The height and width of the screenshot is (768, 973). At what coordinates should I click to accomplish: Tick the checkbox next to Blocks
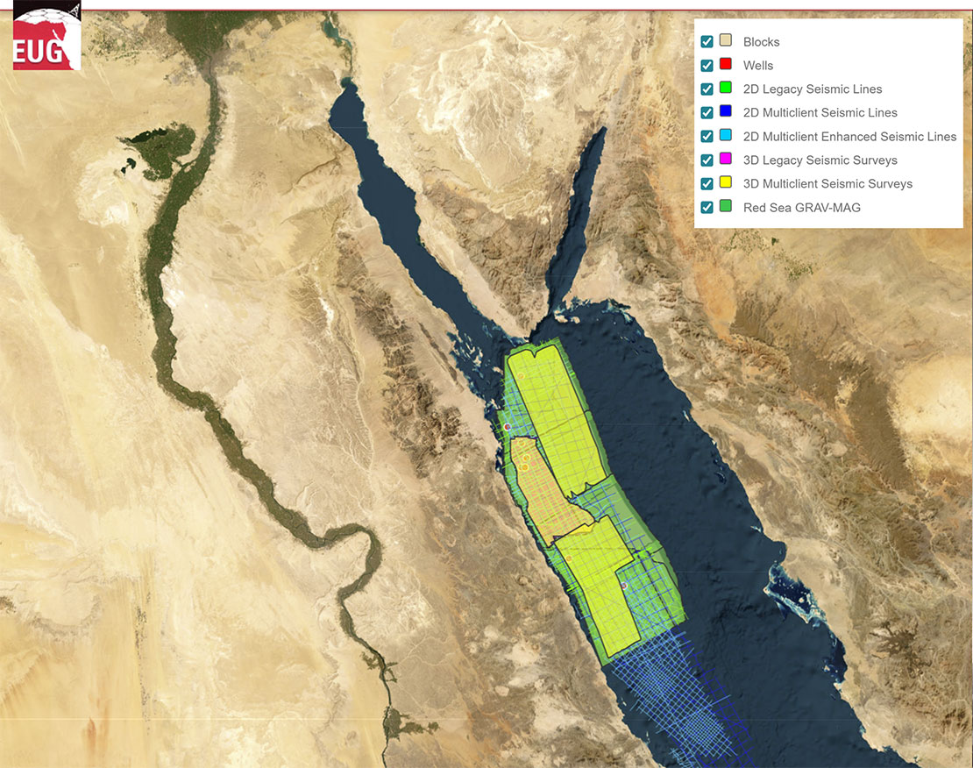click(x=707, y=42)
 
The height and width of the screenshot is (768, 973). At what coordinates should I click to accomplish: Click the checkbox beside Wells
click(x=707, y=66)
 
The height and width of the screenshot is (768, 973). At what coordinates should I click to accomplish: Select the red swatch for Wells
click(x=726, y=66)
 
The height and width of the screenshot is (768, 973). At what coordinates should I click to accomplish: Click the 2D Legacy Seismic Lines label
click(x=813, y=89)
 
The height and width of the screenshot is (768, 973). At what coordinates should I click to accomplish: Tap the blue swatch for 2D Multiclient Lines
click(x=726, y=113)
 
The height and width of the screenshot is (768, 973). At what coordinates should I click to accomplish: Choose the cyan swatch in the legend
click(x=726, y=137)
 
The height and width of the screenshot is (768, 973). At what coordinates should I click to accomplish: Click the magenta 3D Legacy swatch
click(x=726, y=160)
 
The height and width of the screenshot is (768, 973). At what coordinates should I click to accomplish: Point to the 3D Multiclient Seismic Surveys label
click(x=827, y=184)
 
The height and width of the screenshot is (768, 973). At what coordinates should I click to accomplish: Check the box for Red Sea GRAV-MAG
click(x=707, y=208)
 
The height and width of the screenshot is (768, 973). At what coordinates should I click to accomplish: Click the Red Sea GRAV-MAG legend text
click(x=801, y=208)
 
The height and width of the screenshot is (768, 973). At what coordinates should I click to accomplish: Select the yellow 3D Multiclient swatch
click(x=726, y=184)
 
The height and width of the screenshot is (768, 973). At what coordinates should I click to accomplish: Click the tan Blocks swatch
click(x=726, y=42)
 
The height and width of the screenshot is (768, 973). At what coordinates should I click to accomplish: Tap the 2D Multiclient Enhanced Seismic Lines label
click(x=849, y=137)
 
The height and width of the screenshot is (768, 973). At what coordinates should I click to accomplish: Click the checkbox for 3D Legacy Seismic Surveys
click(x=707, y=160)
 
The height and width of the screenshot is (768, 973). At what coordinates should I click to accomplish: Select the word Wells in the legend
click(x=758, y=66)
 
